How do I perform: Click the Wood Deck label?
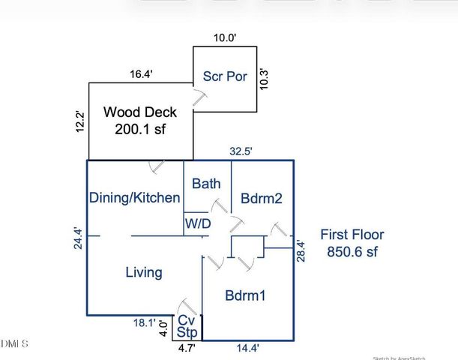tap(140, 112)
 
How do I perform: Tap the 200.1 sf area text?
tap(140, 129)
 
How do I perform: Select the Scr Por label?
tap(225, 76)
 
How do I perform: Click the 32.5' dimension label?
tap(241, 151)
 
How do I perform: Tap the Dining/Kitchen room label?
tap(135, 198)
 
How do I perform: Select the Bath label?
tap(206, 183)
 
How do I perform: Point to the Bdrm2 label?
tap(260, 198)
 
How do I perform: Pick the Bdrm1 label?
tap(245, 295)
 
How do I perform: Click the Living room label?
tap(143, 272)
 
